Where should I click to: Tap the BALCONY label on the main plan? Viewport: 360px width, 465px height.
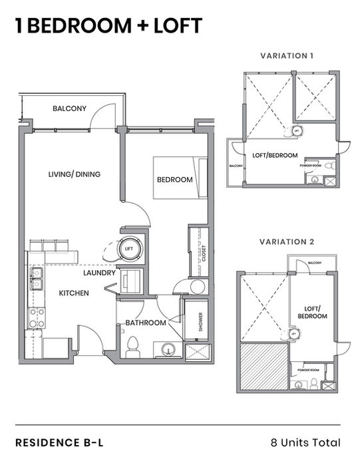tap(70, 108)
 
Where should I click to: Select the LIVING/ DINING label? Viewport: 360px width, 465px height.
tap(75, 175)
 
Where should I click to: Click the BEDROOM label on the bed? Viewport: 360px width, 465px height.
tap(174, 180)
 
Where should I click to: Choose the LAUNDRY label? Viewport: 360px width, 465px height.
tap(100, 273)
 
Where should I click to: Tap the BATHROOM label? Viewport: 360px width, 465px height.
tap(146, 323)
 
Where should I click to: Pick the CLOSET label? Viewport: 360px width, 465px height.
tap(205, 254)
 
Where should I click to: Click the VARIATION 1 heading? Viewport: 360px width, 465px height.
tap(287, 56)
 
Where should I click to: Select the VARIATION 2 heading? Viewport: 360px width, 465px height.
tap(287, 241)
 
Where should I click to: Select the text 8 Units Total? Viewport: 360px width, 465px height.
tap(305, 442)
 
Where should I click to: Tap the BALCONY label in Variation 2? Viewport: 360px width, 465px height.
tap(314, 263)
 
